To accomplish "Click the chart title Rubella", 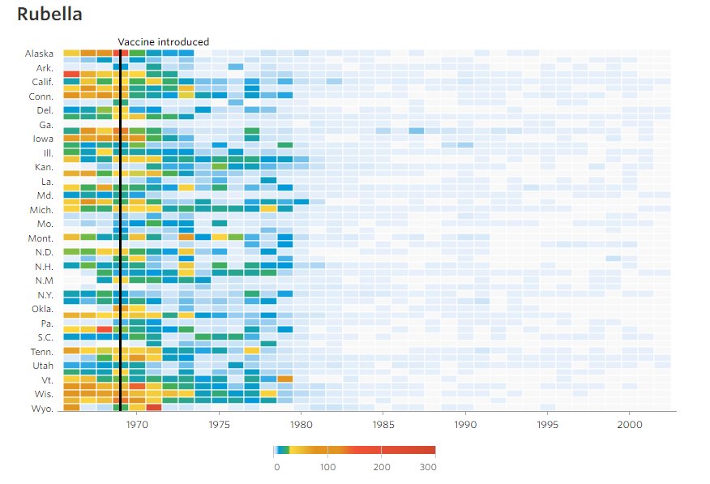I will (49, 15).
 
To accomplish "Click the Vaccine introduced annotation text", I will (163, 42).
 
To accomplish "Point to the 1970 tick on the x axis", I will (137, 424).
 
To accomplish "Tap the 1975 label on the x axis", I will (220, 424).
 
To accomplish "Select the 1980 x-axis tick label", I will (302, 424).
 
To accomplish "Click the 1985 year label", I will (383, 424).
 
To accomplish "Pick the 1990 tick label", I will (465, 424).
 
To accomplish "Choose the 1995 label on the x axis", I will (548, 424).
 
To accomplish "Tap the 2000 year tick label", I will (630, 424).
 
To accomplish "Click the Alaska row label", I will (39, 54).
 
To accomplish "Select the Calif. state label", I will (42, 82).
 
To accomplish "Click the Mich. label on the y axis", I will (41, 209).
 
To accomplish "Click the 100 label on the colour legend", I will (327, 467).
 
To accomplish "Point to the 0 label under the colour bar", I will (276, 467).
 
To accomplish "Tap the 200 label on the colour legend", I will (382, 467).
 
